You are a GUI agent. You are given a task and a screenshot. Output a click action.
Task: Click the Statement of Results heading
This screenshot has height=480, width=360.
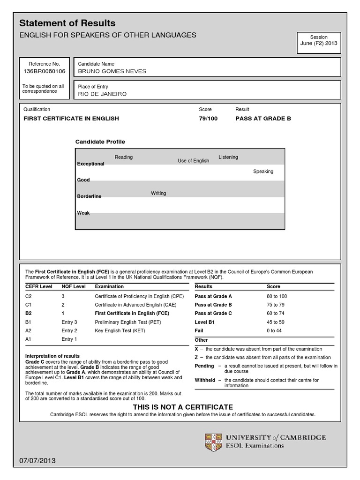(x=67, y=23)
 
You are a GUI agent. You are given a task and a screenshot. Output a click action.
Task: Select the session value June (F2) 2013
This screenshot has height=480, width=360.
(x=318, y=44)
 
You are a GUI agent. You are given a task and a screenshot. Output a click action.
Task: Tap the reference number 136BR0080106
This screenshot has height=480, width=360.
(x=45, y=71)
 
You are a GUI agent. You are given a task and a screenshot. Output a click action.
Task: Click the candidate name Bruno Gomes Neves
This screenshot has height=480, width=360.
(x=112, y=71)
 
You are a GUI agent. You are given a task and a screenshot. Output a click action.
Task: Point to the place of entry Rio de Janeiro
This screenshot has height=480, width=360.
(x=102, y=94)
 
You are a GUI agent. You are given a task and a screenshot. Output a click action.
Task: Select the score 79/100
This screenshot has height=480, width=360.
(x=208, y=119)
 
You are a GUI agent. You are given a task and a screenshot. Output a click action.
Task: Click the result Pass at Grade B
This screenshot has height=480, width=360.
(x=263, y=119)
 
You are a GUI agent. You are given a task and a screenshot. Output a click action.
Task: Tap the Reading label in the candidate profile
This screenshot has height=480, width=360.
(x=124, y=157)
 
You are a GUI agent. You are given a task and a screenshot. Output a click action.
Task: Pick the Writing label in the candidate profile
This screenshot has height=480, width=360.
(x=158, y=193)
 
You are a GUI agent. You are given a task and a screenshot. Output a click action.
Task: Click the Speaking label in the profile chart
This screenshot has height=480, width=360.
(x=263, y=172)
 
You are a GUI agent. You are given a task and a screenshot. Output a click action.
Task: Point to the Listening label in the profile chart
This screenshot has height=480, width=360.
(x=228, y=157)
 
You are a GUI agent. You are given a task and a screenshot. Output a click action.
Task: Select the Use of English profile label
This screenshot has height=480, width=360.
(x=193, y=161)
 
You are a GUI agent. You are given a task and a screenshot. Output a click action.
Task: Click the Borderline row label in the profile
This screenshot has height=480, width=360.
(x=89, y=196)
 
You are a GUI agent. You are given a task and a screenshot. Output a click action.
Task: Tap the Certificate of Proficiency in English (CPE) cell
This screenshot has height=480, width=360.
(x=139, y=296)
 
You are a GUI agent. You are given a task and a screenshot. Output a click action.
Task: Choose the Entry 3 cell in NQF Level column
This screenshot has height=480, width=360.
(x=69, y=322)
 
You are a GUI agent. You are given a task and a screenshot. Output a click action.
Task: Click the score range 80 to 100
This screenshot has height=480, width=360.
(x=277, y=296)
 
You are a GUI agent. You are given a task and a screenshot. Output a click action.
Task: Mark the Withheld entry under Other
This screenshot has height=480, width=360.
(x=204, y=380)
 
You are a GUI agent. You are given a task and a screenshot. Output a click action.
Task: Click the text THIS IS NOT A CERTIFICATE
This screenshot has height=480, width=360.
(x=183, y=407)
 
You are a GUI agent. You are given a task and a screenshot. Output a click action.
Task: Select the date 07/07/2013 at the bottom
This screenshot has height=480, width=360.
(x=37, y=461)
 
